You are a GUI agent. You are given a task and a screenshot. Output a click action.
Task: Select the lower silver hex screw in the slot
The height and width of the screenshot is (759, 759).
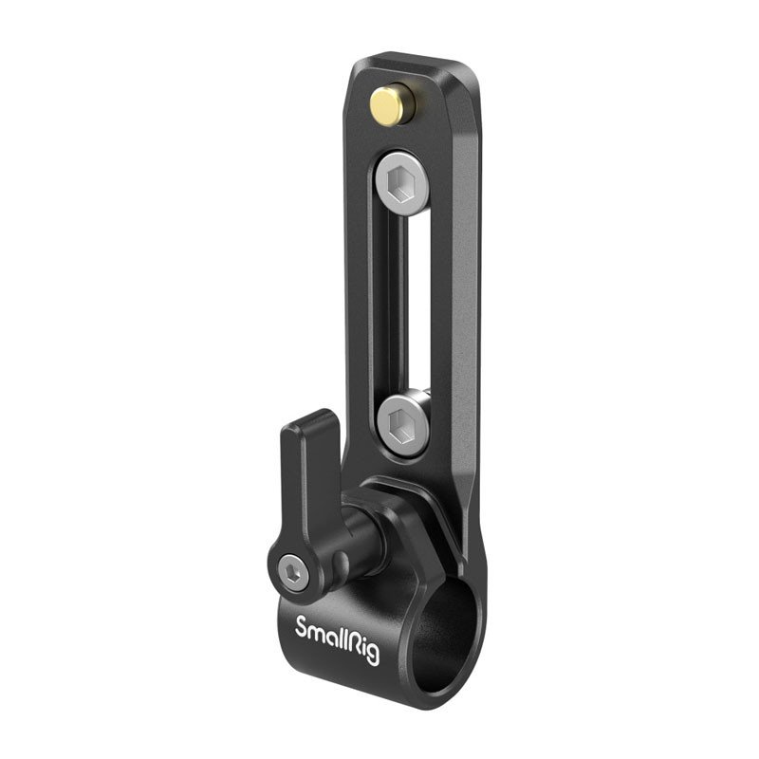[402, 425]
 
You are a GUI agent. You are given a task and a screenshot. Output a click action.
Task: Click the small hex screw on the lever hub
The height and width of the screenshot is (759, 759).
[295, 574]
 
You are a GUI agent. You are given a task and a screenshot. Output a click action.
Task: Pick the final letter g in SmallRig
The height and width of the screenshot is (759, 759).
[373, 654]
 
